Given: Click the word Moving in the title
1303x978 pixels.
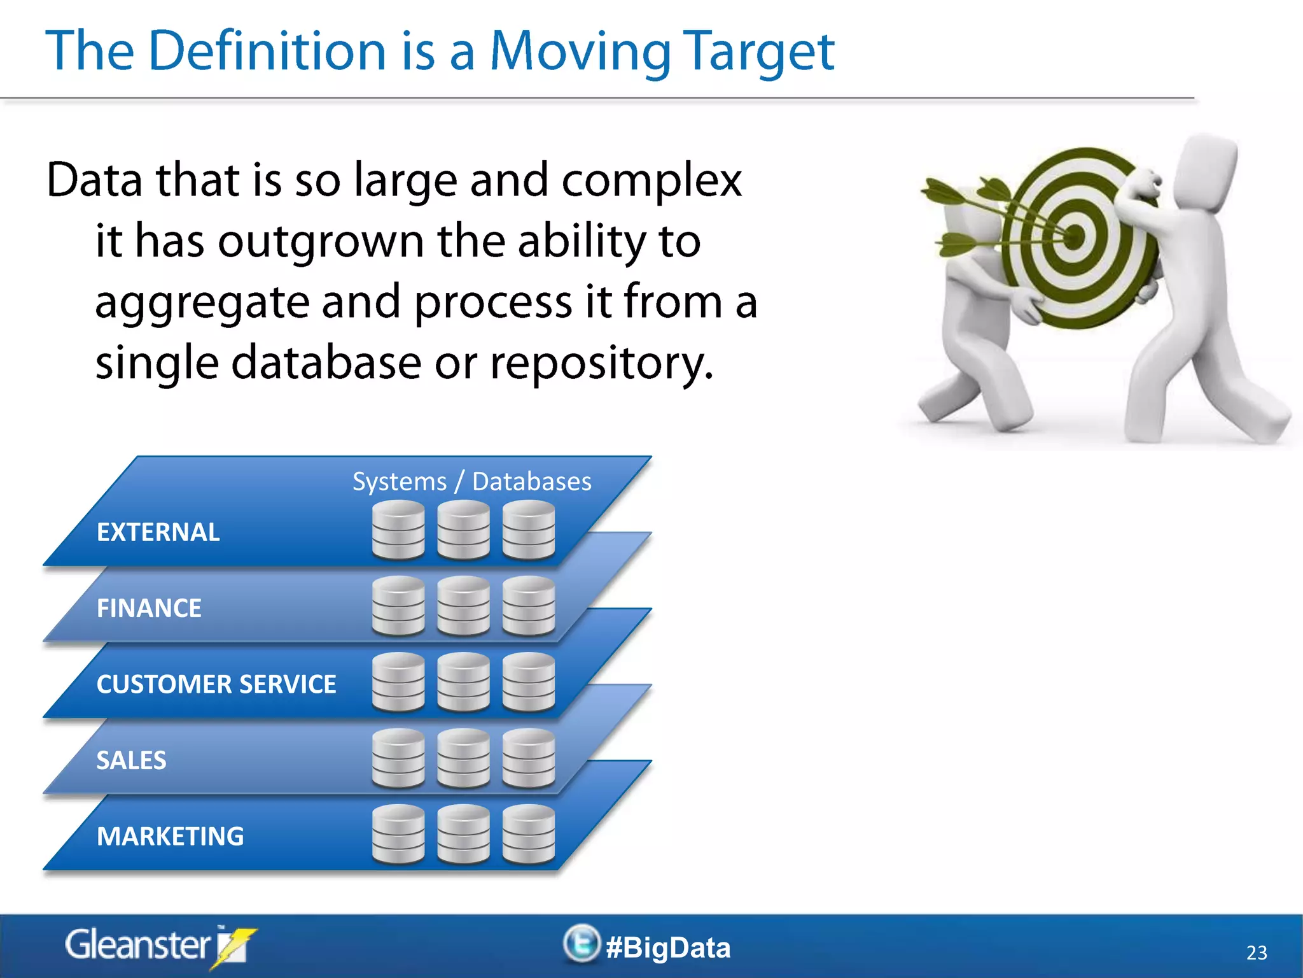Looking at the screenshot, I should click(580, 52).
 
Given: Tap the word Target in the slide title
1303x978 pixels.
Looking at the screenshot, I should click(758, 52).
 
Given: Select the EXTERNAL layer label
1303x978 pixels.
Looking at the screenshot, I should click(158, 532).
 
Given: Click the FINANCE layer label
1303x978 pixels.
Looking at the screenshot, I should click(149, 608).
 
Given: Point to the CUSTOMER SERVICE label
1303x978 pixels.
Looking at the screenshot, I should click(216, 684).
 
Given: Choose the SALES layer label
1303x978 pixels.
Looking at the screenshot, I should click(131, 760).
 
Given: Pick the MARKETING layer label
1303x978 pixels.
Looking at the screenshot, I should click(170, 837).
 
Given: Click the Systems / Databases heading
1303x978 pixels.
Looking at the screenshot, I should click(471, 482).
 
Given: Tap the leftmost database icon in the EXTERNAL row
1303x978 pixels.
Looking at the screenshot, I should click(398, 530).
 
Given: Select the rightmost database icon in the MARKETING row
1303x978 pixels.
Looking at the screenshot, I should click(528, 834).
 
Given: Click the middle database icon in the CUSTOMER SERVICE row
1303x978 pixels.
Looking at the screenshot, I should click(463, 682).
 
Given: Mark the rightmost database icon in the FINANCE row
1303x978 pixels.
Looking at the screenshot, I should click(528, 606).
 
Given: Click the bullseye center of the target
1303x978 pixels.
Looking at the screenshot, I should click(1074, 237).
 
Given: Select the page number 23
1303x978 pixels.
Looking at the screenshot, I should click(1256, 953).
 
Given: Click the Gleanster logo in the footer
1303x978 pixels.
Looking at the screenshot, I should click(159, 946).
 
